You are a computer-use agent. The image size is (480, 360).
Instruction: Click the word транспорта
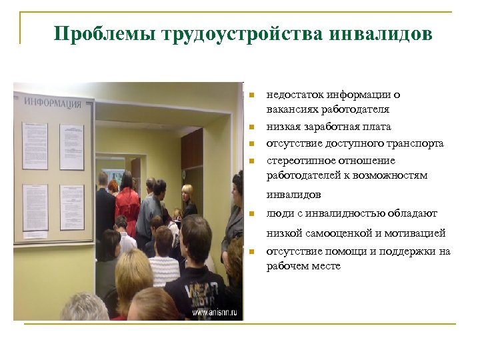(416, 143)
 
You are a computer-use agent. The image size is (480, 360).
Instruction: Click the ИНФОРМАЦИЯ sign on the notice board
(53, 102)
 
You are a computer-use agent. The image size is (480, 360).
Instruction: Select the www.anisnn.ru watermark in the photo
(215, 311)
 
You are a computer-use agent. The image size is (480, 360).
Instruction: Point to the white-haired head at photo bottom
(84, 307)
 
